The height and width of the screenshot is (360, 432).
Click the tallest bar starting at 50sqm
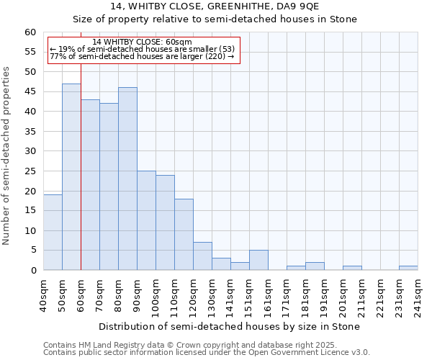pos(71,177)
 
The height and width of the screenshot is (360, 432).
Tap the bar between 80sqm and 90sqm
pos(127,179)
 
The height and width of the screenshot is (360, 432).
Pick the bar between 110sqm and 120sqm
pos(184,235)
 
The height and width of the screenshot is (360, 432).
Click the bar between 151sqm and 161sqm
pos(258,260)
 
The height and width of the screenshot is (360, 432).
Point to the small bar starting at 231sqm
pos(408,268)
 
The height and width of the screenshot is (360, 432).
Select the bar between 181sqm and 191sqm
pos(315,266)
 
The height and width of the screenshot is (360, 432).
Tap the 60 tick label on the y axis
pos(30,32)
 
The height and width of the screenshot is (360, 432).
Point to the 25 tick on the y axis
pos(30,171)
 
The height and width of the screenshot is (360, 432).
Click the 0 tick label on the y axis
pos(33,271)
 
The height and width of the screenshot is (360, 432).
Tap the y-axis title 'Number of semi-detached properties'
pos(7,156)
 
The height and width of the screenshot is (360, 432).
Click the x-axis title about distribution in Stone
pos(228,327)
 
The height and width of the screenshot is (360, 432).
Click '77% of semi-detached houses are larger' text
pos(142,56)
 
